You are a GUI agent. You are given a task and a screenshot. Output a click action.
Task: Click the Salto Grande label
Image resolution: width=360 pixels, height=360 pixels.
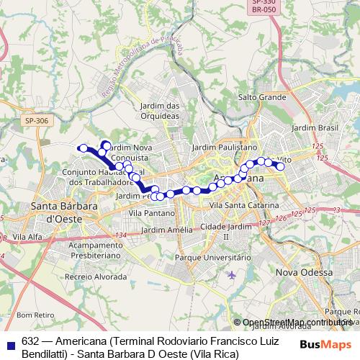[x=262, y=96]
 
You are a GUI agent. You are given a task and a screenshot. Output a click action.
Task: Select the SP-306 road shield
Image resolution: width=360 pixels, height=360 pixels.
[x=34, y=121]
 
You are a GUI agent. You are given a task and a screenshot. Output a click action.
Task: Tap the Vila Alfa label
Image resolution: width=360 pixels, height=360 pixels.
[x=27, y=236]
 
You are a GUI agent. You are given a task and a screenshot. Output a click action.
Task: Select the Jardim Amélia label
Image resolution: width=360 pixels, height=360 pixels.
[x=166, y=230]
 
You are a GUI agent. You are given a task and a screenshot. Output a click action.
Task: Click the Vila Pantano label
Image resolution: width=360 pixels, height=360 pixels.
[x=151, y=213]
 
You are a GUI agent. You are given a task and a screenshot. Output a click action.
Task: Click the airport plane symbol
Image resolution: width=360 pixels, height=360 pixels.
[x=230, y=274]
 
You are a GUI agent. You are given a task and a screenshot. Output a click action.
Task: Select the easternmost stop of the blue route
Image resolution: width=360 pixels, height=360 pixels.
[x=281, y=167]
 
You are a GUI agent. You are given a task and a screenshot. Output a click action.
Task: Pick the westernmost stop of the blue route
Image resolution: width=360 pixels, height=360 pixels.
[x=83, y=148]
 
